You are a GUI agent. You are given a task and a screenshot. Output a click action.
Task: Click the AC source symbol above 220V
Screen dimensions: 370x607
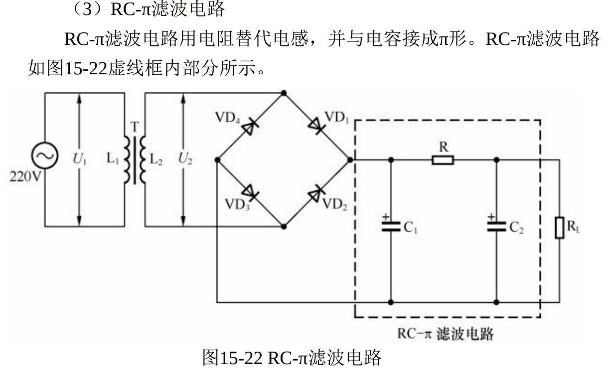click(45, 156)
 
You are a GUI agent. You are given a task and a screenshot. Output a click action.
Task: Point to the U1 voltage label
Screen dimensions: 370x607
click(80, 160)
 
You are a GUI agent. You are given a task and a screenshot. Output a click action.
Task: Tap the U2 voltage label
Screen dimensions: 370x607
click(185, 160)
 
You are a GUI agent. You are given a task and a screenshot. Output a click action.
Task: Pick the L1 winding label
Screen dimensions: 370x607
click(113, 160)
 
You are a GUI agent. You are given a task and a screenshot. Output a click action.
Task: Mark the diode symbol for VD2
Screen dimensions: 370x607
click(316, 193)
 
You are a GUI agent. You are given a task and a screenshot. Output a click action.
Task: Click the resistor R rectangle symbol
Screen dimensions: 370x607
click(443, 160)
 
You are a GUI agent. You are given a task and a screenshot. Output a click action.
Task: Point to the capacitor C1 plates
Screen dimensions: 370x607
click(391, 227)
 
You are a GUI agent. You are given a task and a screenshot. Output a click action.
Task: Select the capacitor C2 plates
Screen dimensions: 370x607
click(496, 227)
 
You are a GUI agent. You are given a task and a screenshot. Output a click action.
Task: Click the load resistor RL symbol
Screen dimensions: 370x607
click(560, 228)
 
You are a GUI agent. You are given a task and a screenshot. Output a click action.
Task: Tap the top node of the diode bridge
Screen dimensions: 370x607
click(284, 93)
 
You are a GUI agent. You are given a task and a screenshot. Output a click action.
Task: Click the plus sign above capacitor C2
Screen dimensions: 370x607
click(491, 217)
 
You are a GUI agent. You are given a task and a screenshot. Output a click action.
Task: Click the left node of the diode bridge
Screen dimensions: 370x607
click(217, 160)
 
